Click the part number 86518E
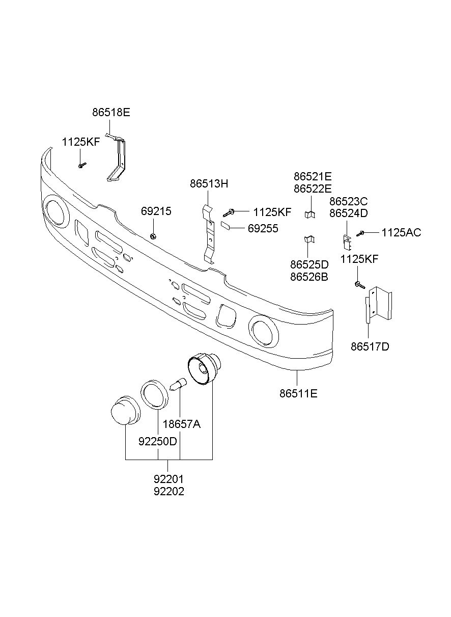(111, 113)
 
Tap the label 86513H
(209, 184)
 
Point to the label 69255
(263, 228)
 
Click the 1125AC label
(401, 233)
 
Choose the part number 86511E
(298, 393)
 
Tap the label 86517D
(370, 346)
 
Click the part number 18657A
(181, 424)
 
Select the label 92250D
(158, 442)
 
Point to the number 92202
(168, 491)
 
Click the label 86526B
(309, 277)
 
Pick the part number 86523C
(348, 201)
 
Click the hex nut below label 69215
(153, 236)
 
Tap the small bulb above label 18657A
(179, 384)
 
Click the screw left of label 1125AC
(360, 233)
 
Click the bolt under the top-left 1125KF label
(82, 165)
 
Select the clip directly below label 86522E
(310, 214)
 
